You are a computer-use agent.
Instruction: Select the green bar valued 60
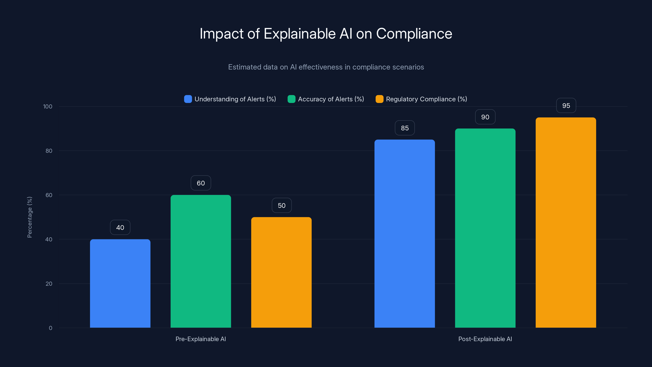point(201,261)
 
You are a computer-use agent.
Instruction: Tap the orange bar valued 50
point(281,272)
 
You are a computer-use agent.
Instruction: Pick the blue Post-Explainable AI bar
point(404,233)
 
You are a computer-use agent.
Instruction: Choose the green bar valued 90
point(485,228)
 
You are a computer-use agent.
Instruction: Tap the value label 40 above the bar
point(120,228)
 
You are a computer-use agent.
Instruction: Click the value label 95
point(566,105)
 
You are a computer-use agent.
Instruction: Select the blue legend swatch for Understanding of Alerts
point(188,99)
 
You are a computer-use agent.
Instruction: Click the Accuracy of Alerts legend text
point(331,99)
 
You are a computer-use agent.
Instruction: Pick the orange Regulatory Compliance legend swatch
point(379,99)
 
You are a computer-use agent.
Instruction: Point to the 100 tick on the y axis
point(48,106)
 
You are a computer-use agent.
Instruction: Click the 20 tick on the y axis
point(49,284)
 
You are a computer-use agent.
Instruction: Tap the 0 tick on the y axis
point(50,328)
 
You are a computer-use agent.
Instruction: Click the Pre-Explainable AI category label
point(200,339)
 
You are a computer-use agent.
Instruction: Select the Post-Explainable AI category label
point(485,339)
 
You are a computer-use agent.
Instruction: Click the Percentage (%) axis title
point(30,217)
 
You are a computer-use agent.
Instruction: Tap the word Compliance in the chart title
point(414,34)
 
